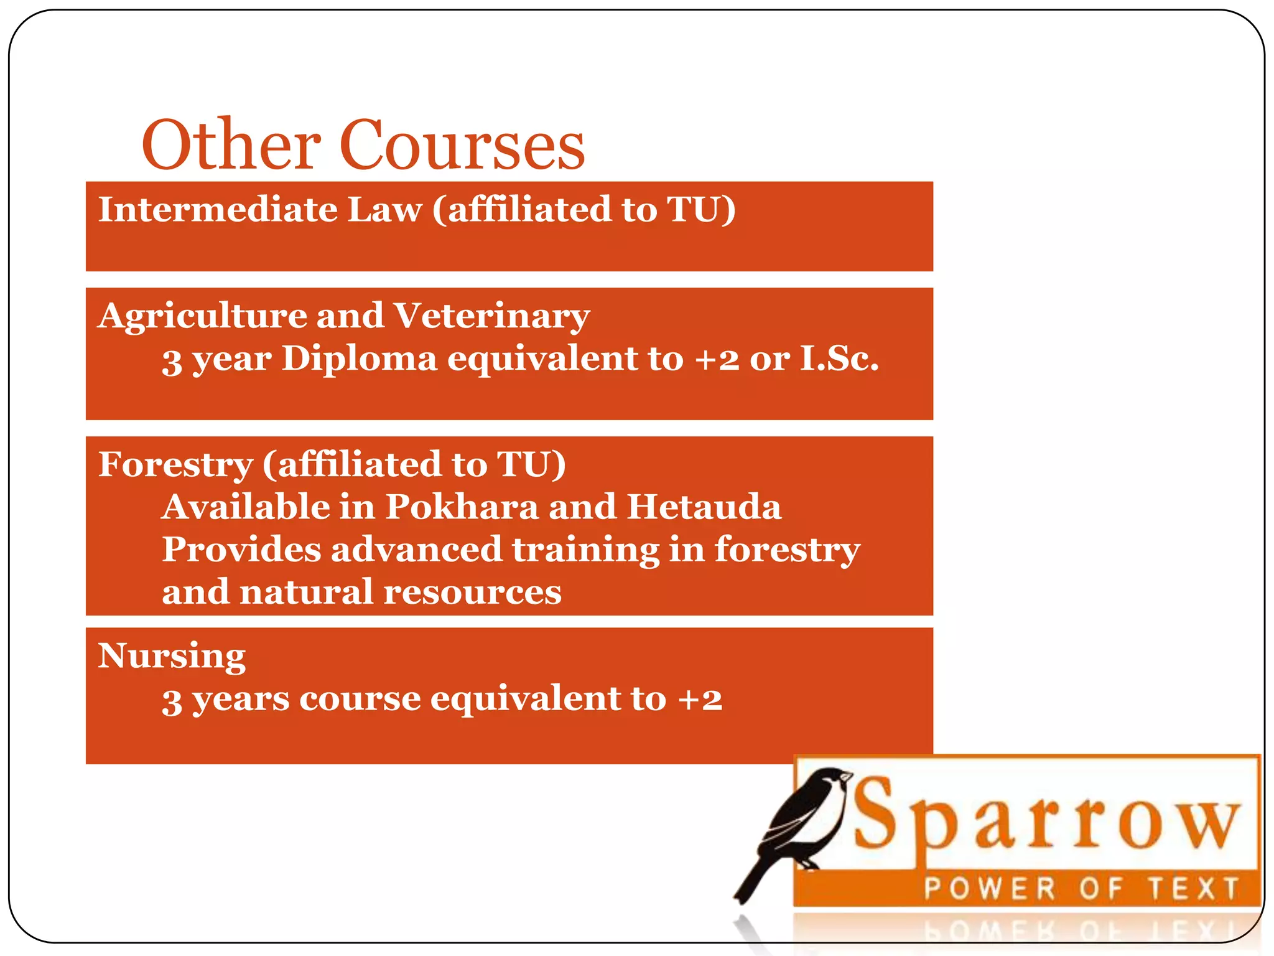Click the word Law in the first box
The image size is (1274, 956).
click(x=385, y=209)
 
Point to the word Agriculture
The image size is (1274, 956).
click(x=202, y=316)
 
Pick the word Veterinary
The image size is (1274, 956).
click(x=492, y=316)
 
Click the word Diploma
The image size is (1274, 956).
click(x=360, y=359)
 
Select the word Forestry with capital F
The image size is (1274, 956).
click(x=175, y=465)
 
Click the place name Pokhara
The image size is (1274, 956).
click(x=462, y=507)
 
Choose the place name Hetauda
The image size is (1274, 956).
click(x=704, y=507)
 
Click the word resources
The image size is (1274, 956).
click(x=473, y=592)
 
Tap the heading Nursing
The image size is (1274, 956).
click(x=172, y=657)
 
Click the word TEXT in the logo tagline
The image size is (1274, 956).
click(x=1193, y=888)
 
